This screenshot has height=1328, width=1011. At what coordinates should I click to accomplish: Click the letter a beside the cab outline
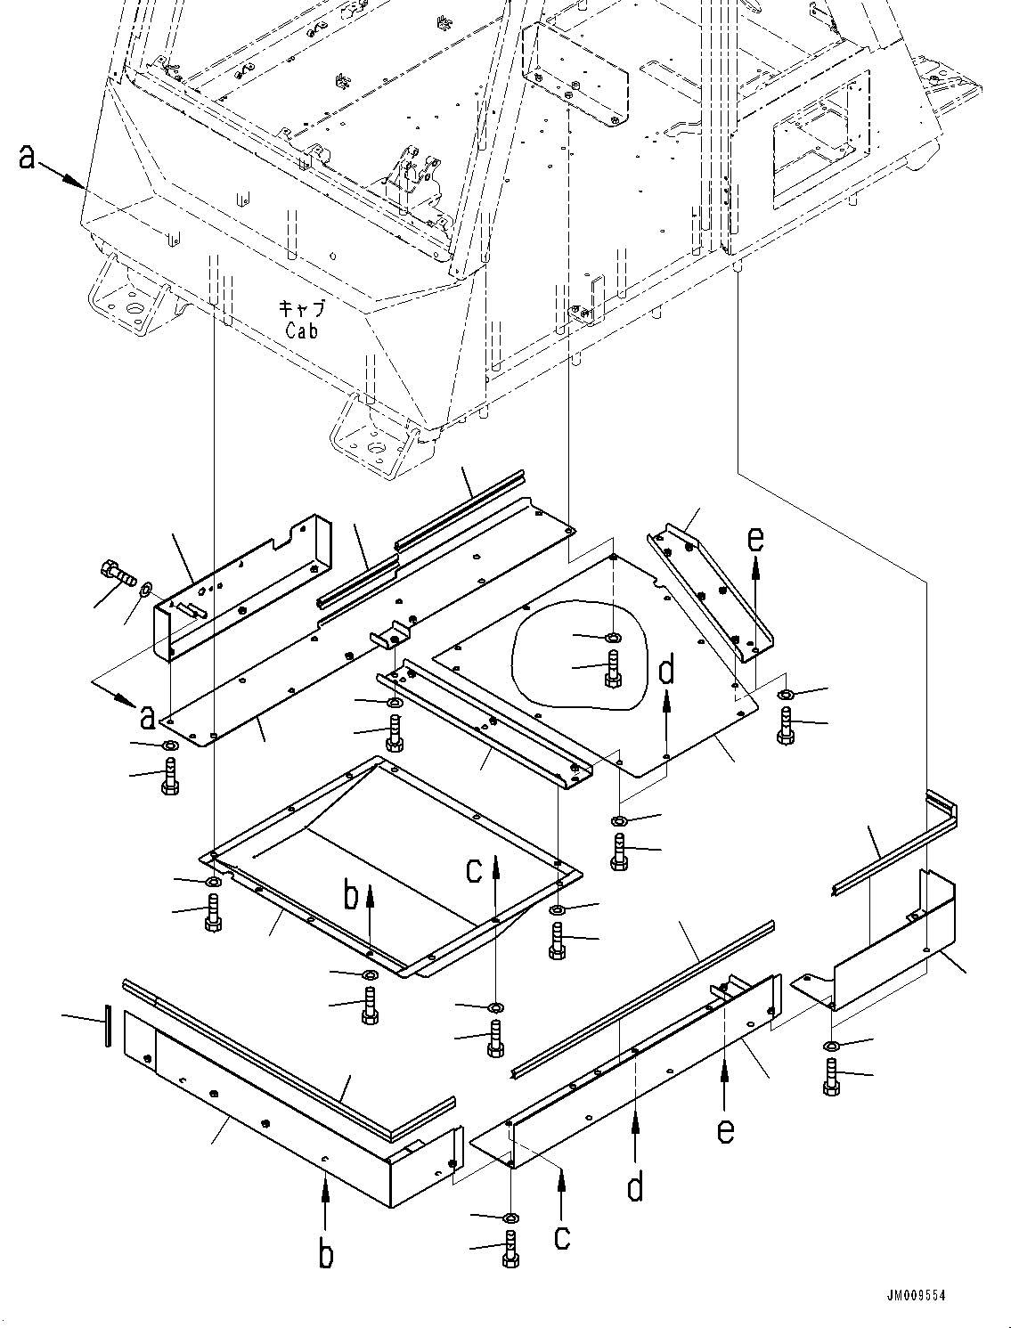click(x=28, y=158)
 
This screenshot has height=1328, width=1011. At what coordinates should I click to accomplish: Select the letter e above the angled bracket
click(x=755, y=540)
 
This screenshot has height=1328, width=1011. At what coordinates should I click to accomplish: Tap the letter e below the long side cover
click(x=726, y=1130)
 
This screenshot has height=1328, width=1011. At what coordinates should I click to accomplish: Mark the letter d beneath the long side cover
click(x=634, y=1187)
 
